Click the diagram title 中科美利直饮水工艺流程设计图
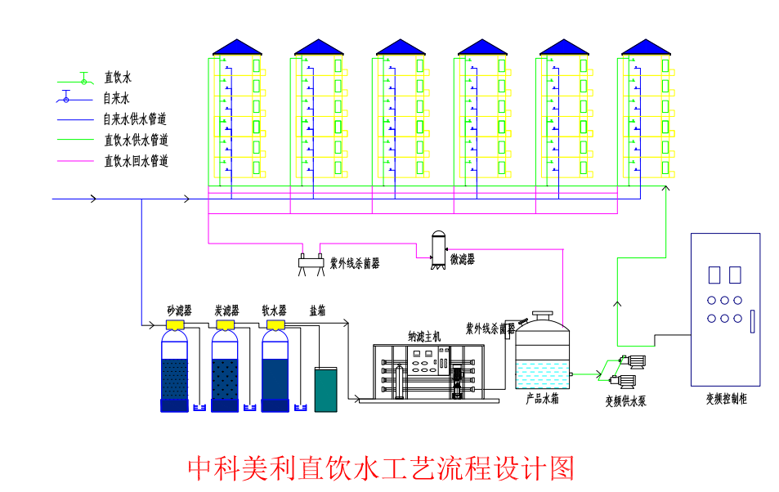[x=381, y=468]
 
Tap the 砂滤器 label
[x=179, y=311]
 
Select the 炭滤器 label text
[x=226, y=311]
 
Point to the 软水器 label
[x=274, y=311]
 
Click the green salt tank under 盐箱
[x=325, y=389]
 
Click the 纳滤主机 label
[x=424, y=335]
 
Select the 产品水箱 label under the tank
[x=542, y=399]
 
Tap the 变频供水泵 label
[x=625, y=400]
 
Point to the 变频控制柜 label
[x=727, y=399]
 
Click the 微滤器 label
[x=462, y=259]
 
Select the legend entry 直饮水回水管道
[x=136, y=161]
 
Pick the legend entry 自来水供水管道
[x=136, y=119]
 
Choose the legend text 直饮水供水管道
[x=136, y=140]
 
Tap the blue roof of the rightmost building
[x=646, y=47]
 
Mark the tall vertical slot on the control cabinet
[x=752, y=320]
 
